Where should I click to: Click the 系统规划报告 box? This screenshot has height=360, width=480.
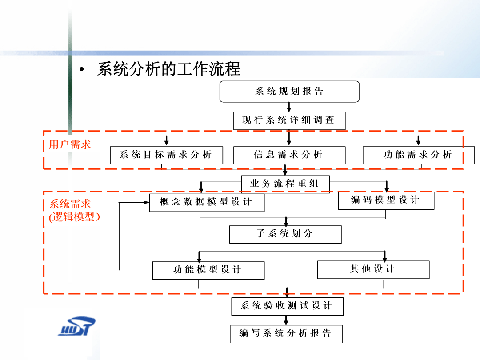point(289,92)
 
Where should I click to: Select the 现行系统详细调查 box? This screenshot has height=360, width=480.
point(289,120)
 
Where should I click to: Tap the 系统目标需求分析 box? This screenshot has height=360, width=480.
point(166,155)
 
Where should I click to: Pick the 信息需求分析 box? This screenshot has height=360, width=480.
point(289,155)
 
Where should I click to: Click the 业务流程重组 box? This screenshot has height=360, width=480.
point(285,184)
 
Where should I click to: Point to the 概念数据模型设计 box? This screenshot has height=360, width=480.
point(207,202)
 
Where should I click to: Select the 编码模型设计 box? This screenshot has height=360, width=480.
point(386,200)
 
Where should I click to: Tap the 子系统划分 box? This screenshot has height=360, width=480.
point(285,235)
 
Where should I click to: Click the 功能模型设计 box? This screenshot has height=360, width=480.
point(208,270)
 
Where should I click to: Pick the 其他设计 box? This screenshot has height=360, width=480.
point(373,270)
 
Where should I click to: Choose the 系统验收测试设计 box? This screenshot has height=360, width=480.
point(288,306)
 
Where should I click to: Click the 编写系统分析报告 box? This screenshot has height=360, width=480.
point(286,334)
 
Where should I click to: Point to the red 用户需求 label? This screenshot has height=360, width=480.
point(70,144)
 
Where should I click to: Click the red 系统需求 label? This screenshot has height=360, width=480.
point(70,204)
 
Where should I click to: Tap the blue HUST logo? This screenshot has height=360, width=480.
point(76,326)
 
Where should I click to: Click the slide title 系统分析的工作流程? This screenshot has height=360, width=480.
point(169,69)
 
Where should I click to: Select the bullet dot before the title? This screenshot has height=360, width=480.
point(81,69)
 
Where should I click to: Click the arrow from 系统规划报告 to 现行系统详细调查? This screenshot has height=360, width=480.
point(289,107)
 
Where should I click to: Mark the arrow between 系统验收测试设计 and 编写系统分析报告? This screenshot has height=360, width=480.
point(286,320)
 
